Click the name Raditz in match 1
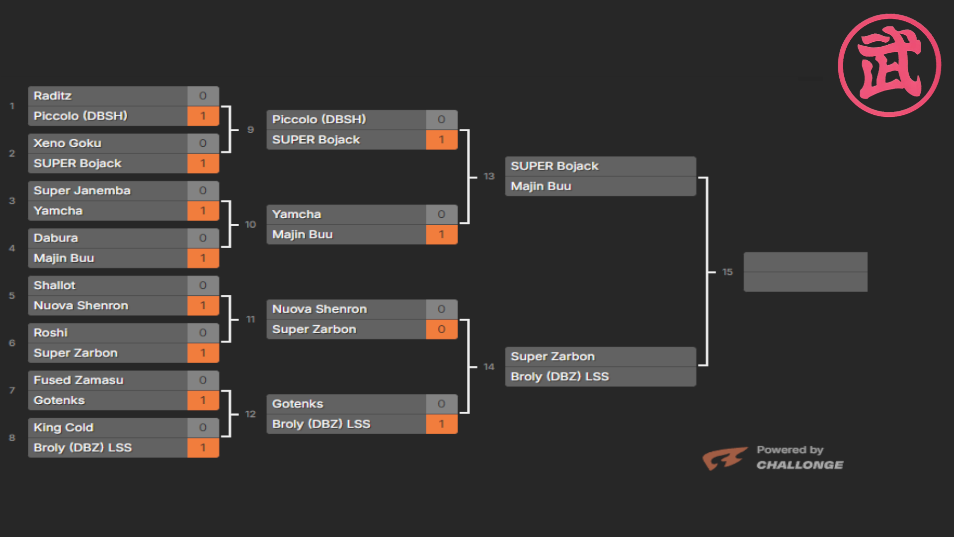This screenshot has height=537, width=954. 53,96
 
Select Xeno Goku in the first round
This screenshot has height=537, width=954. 68,143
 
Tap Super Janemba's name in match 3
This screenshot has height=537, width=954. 82,190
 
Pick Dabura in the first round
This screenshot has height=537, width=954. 56,238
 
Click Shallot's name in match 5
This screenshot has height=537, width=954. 55,285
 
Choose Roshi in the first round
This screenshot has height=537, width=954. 51,333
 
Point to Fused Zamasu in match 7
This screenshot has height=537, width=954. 79,380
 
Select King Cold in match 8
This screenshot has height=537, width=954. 64,428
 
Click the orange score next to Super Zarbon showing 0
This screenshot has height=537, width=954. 441,329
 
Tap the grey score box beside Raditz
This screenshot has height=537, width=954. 203,96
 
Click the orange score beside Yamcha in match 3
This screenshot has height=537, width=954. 203,211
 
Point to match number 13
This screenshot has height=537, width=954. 489,177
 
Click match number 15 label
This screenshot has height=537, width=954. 727,272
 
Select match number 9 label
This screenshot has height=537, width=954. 250,130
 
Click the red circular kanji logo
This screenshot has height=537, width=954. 889,65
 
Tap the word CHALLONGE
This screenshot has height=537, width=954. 799,465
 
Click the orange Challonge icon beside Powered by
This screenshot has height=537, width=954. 724,458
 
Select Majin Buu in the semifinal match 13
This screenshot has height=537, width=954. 541,186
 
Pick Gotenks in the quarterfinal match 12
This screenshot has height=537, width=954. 298,404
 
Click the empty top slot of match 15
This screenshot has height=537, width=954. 805,262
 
